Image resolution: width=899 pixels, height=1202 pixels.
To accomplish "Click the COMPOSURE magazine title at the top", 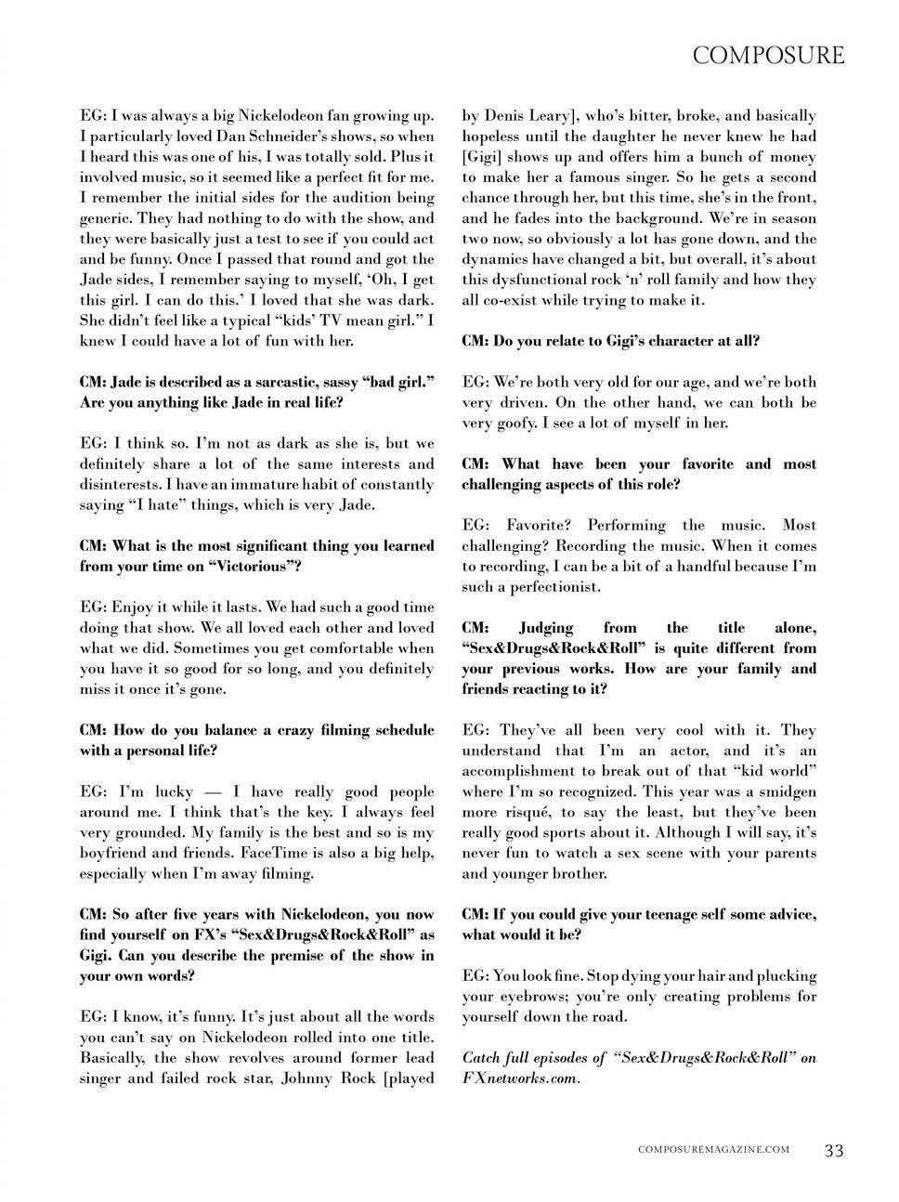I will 769,56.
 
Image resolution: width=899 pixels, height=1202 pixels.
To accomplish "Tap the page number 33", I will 834,1150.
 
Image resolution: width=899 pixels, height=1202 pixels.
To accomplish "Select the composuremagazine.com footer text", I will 714,1150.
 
